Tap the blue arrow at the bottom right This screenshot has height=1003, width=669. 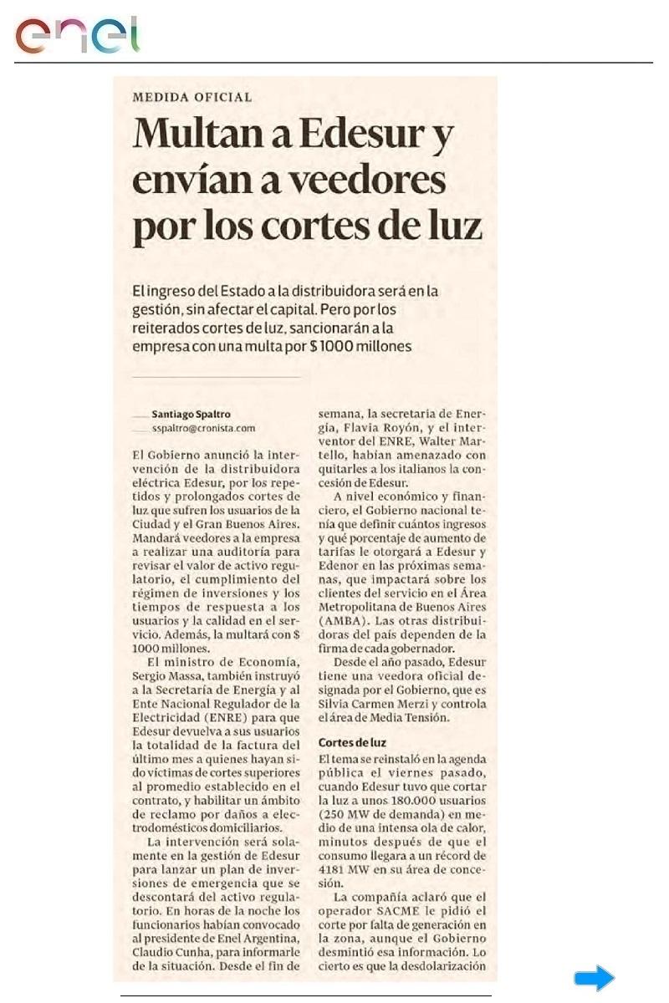coord(594,978)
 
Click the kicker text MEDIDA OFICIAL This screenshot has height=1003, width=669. coord(192,97)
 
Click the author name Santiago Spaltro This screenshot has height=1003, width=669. coord(192,414)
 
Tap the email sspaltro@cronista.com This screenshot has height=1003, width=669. coord(203,429)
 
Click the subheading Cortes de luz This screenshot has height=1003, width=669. coord(352,743)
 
